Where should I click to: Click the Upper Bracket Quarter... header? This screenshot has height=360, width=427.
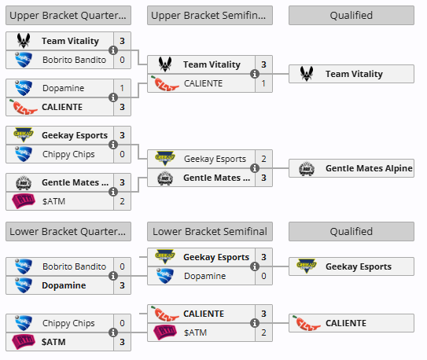click(68, 16)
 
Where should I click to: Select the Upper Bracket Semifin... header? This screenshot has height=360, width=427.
click(210, 16)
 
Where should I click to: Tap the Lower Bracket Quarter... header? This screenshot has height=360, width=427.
click(68, 232)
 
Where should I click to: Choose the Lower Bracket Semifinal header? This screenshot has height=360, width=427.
click(210, 232)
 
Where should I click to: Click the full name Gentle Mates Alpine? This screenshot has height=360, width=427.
click(369, 168)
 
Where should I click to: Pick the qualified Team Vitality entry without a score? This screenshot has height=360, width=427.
click(352, 74)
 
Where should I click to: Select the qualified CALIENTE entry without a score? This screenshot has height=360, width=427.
click(352, 323)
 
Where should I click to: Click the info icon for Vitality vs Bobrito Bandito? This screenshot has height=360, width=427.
click(113, 50)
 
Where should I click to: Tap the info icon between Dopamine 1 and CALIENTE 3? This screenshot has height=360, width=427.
click(113, 97)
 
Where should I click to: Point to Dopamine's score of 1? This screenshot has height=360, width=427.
click(122, 88)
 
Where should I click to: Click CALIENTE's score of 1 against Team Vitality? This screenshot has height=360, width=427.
click(263, 83)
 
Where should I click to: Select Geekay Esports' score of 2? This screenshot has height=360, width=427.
click(263, 159)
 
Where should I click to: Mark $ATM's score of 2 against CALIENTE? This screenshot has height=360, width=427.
click(263, 332)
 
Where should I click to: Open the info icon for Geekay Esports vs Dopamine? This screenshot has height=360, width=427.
click(255, 266)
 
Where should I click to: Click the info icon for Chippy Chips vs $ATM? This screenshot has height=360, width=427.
click(113, 332)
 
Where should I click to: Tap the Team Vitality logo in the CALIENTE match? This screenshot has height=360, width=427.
click(165, 64)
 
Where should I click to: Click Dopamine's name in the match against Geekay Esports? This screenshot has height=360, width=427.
click(204, 276)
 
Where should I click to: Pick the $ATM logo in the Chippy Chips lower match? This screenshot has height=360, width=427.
click(24, 342)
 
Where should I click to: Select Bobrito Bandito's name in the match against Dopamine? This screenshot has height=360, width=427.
click(74, 266)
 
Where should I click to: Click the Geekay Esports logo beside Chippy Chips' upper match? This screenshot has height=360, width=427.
click(24, 134)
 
